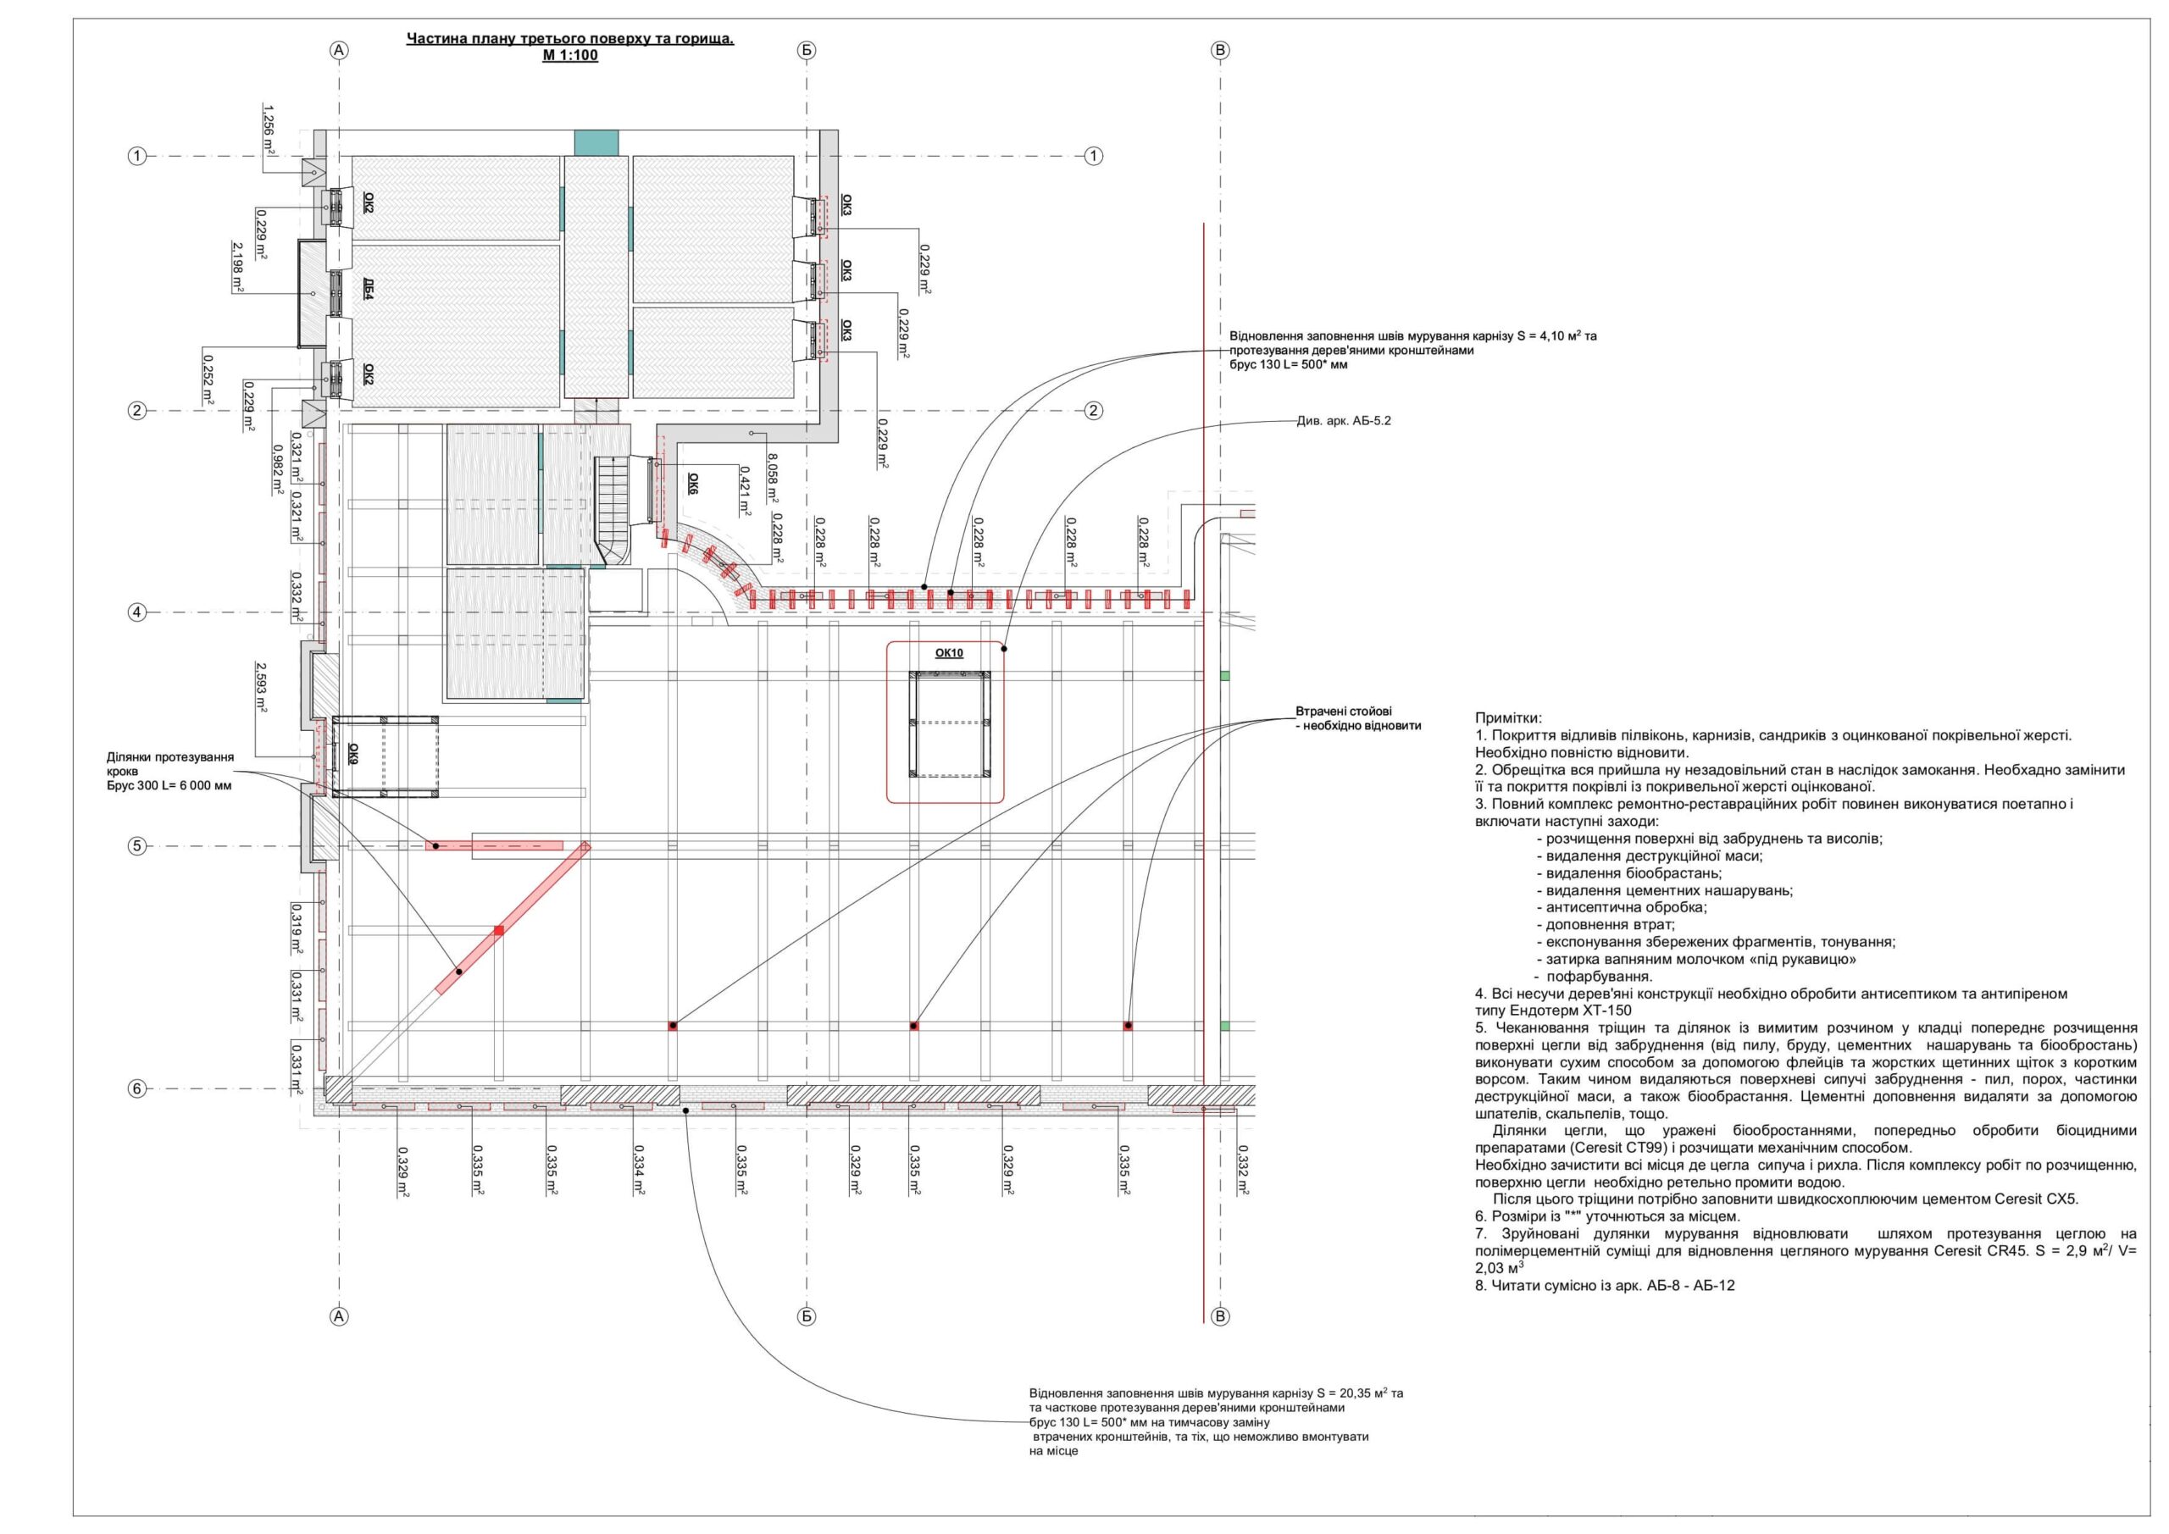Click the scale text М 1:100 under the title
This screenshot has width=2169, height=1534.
pos(569,56)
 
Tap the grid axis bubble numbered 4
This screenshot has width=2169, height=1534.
pos(137,612)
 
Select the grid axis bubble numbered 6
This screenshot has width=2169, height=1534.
pos(137,1089)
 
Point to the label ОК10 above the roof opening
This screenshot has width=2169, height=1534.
pos(948,653)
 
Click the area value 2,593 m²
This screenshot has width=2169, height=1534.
pos(261,689)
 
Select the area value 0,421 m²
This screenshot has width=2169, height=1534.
pos(745,490)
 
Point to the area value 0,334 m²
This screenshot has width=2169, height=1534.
pos(641,1171)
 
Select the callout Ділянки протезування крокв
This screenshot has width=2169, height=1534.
pos(170,771)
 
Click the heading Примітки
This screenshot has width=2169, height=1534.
pos(1508,719)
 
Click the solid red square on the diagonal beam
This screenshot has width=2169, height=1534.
pos(499,930)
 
